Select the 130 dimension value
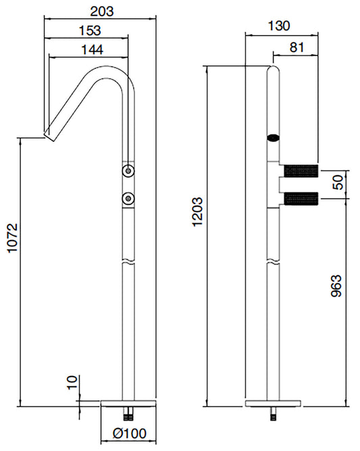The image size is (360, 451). click(279, 25)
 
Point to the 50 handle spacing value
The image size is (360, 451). click(339, 181)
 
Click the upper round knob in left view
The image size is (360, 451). click(128, 171)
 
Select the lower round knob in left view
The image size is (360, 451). click(128, 198)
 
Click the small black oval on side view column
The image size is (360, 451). click(272, 137)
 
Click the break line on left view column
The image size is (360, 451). click(128, 260)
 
